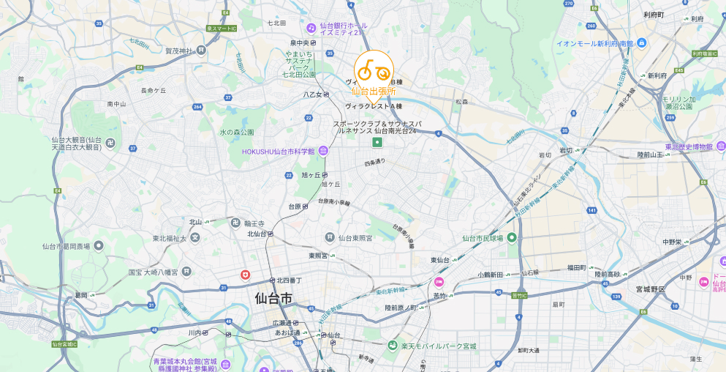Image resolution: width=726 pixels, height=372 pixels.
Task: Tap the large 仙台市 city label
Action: click(x=273, y=299)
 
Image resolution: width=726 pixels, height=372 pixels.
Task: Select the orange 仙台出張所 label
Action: click(x=373, y=92)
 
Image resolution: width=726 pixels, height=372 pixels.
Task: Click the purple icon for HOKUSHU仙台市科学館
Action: click(x=323, y=151)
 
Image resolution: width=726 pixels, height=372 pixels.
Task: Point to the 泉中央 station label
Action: click(x=300, y=43)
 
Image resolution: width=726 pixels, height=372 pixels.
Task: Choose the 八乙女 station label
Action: click(x=312, y=94)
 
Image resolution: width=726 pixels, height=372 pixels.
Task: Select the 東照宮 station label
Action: click(x=317, y=256)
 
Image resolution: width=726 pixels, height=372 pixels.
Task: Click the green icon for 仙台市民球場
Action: click(x=513, y=237)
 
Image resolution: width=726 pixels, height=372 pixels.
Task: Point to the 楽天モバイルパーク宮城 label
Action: click(x=438, y=346)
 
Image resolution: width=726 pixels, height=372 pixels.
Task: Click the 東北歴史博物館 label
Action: click(x=685, y=147)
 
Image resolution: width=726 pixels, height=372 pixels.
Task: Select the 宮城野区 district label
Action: click(x=651, y=289)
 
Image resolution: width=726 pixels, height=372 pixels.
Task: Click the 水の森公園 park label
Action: click(x=237, y=133)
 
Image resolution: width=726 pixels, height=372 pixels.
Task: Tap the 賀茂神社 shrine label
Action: click(x=178, y=51)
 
